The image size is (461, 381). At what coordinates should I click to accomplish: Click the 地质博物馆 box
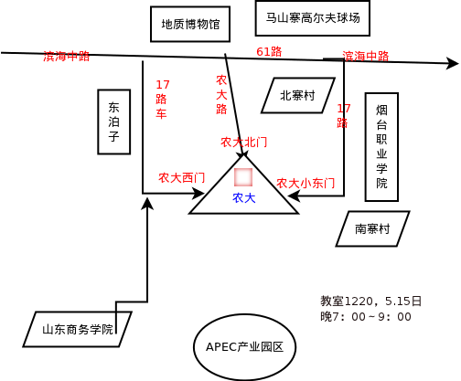point(190,24)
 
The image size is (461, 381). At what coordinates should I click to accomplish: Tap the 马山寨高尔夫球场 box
point(313,18)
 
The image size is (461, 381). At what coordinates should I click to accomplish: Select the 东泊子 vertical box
point(114,122)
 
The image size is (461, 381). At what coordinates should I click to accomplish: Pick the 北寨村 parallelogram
point(298,95)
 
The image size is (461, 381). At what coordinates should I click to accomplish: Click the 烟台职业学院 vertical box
point(381,147)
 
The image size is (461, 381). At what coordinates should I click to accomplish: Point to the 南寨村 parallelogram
point(372,228)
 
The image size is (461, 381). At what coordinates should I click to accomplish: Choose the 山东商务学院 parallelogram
point(78,329)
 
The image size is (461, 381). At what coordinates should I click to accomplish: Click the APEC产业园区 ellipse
point(245,347)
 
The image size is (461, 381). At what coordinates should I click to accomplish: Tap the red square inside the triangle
point(243,177)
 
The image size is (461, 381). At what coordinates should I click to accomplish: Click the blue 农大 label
point(244,198)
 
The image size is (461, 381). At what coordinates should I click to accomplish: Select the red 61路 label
point(269,52)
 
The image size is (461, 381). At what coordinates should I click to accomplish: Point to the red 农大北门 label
point(244,143)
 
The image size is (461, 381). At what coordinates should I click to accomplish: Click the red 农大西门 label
point(182,178)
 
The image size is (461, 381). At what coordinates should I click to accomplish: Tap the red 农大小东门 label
point(306,184)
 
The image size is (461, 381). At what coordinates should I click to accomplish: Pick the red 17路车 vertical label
point(162,100)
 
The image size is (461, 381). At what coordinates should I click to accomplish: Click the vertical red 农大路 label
point(221,95)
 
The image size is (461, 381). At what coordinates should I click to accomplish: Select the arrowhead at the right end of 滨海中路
point(453,63)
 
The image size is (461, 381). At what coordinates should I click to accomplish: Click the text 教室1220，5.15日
point(370,302)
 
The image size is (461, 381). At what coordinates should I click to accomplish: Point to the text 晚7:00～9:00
point(366,317)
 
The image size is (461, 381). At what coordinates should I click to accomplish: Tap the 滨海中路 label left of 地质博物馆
point(67,57)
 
